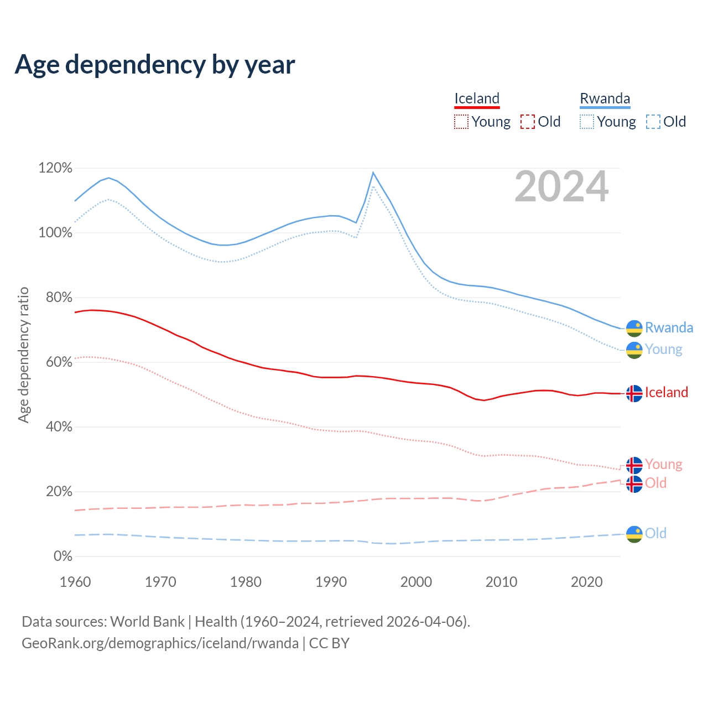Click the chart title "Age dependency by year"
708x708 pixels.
[155, 65]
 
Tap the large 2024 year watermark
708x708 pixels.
[561, 187]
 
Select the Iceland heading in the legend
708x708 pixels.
[477, 98]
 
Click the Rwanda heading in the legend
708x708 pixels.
[605, 98]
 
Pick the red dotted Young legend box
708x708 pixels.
[461, 122]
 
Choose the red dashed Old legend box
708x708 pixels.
[528, 122]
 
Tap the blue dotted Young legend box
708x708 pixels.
[587, 122]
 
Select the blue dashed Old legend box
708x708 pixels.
[653, 122]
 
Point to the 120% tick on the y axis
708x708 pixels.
[55, 168]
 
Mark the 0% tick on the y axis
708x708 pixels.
[63, 556]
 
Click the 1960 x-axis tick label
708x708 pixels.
[75, 582]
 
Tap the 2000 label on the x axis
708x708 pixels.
[416, 582]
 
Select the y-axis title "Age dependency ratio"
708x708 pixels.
[23, 355]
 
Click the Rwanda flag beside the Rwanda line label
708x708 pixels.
[634, 329]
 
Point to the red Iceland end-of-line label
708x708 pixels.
[667, 393]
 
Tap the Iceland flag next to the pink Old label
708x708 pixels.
[634, 484]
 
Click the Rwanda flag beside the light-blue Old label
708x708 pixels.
[634, 534]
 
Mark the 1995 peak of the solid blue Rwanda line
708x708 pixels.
[373, 173]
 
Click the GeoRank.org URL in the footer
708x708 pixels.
[160, 643]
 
